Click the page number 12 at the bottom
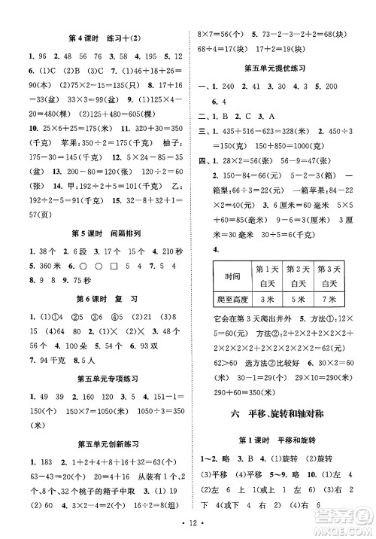188,522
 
